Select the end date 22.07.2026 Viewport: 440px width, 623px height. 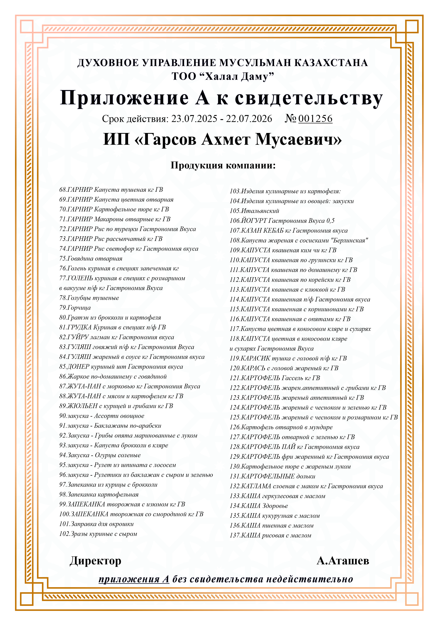[x=249, y=119]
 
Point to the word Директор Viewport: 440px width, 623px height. [x=95, y=561]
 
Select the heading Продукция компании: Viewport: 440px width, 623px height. [x=223, y=165]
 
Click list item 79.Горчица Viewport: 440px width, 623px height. [x=75, y=308]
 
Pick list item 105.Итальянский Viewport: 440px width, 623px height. [x=254, y=211]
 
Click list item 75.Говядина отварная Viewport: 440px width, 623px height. [x=91, y=259]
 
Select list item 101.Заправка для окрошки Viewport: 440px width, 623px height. [x=96, y=524]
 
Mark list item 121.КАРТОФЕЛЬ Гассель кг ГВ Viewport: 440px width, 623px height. [x=275, y=378]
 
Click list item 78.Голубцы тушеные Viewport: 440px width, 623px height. [x=89, y=298]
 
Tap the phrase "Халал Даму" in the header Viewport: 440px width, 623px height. [x=236, y=77]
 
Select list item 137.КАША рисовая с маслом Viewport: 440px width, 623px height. [x=270, y=535]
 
